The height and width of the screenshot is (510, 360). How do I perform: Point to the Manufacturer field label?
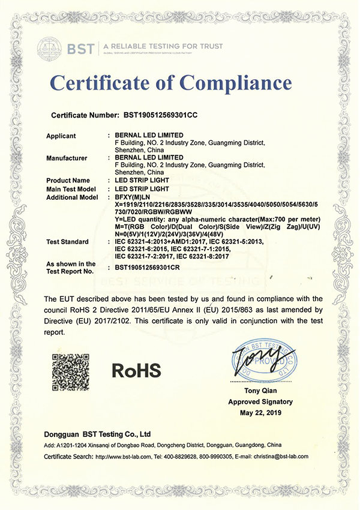tap(67, 158)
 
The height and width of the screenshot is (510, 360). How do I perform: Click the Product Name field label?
tap(68, 181)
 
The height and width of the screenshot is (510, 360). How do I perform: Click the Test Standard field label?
tap(68, 242)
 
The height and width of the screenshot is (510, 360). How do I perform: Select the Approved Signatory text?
tap(260, 402)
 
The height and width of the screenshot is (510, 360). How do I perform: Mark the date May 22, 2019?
tap(260, 413)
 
